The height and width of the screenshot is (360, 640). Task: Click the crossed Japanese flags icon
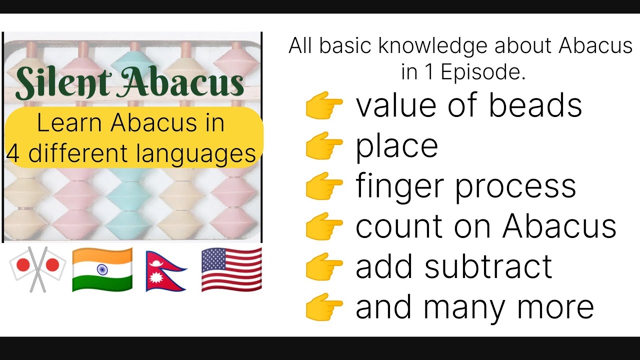(x=37, y=269)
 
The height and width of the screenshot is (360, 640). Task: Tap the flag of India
(x=102, y=269)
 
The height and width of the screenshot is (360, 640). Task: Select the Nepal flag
(x=165, y=270)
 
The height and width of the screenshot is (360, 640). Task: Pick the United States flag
(x=231, y=269)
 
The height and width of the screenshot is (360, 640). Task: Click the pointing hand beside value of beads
(x=324, y=105)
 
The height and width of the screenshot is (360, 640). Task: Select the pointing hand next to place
(x=324, y=145)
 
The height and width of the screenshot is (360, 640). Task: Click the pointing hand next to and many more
(x=324, y=306)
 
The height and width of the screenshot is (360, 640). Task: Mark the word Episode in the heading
(x=483, y=72)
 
